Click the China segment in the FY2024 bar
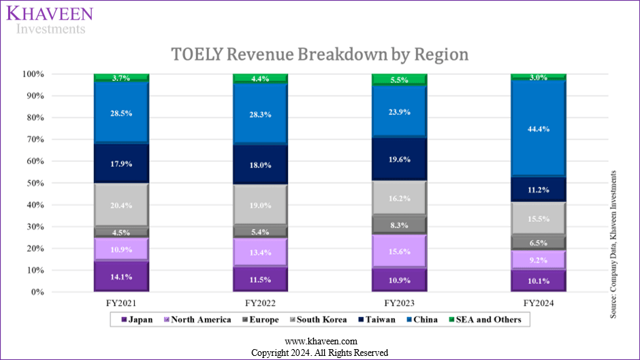click(538, 128)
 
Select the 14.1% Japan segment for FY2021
click(121, 277)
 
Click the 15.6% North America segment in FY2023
click(399, 251)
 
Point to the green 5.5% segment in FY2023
click(399, 80)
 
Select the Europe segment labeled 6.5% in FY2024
click(538, 242)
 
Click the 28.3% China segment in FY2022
click(260, 114)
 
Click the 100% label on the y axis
click(71, 73)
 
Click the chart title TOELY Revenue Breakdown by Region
click(319, 54)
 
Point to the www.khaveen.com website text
click(320, 341)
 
